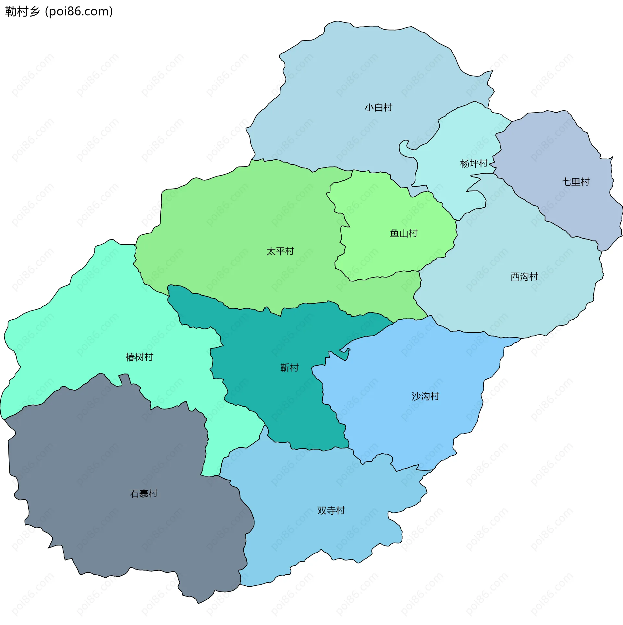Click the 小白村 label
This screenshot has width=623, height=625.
pyautogui.click(x=378, y=107)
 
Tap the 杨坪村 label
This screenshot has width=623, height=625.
pyautogui.click(x=474, y=164)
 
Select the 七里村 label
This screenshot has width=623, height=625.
pyautogui.click(x=575, y=182)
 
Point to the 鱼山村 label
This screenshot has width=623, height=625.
pyautogui.click(x=403, y=233)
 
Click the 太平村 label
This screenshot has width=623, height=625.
pyautogui.click(x=280, y=251)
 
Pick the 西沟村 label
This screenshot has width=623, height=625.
pyautogui.click(x=524, y=276)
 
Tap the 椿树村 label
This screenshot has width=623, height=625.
pyautogui.click(x=139, y=357)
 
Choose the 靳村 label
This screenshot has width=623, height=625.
pyautogui.click(x=289, y=368)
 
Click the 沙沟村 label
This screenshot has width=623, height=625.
pyautogui.click(x=425, y=396)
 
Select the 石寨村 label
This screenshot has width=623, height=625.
pyautogui.click(x=144, y=494)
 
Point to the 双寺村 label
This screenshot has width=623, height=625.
pyautogui.click(x=331, y=510)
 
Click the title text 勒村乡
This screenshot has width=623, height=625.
pyautogui.click(x=22, y=12)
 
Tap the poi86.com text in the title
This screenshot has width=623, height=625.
pyautogui.click(x=79, y=12)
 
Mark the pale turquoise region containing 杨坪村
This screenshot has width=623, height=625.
pyautogui.click(x=461, y=136)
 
